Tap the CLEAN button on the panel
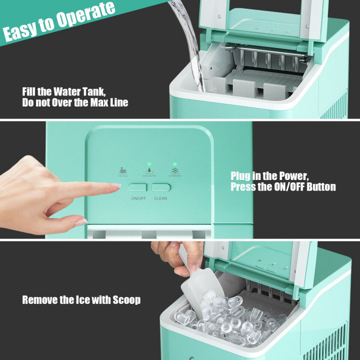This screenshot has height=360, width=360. point(161,187)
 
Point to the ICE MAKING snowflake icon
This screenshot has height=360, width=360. point(175,170)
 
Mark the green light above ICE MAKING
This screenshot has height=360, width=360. point(175,164)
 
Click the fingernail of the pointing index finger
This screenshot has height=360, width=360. point(115,186)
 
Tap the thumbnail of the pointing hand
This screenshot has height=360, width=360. point(81,222)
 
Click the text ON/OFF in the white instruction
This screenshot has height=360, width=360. point(290,187)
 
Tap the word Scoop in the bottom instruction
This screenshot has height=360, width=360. point(127,300)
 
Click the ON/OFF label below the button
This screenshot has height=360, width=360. point(139,198)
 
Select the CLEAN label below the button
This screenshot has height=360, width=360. point(161,198)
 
